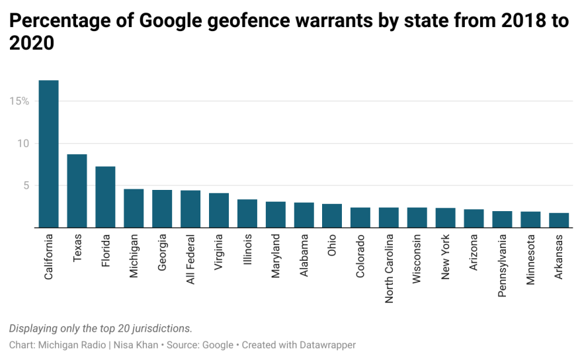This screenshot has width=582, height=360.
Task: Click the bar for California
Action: pyautogui.click(x=49, y=154)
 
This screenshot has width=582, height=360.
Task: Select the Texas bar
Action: pyautogui.click(x=77, y=191)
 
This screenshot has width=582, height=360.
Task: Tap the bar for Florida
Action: pyautogui.click(x=105, y=197)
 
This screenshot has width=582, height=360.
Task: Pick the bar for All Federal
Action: pyautogui.click(x=190, y=209)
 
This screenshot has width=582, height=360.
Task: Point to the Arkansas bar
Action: pyautogui.click(x=559, y=220)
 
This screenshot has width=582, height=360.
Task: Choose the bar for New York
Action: pyautogui.click(x=446, y=218)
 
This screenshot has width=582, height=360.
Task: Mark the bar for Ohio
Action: pyautogui.click(x=332, y=216)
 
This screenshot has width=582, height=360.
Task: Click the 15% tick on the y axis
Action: pyautogui.click(x=19, y=101)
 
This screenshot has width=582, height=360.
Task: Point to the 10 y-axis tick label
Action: pyautogui.click(x=23, y=144)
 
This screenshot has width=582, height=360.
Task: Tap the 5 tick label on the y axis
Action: pyautogui.click(x=26, y=186)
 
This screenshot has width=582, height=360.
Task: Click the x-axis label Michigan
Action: pyautogui.click(x=134, y=256)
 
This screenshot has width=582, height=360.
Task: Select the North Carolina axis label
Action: pyautogui.click(x=389, y=268)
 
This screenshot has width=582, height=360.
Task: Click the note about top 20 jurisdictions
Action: pyautogui.click(x=101, y=329)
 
